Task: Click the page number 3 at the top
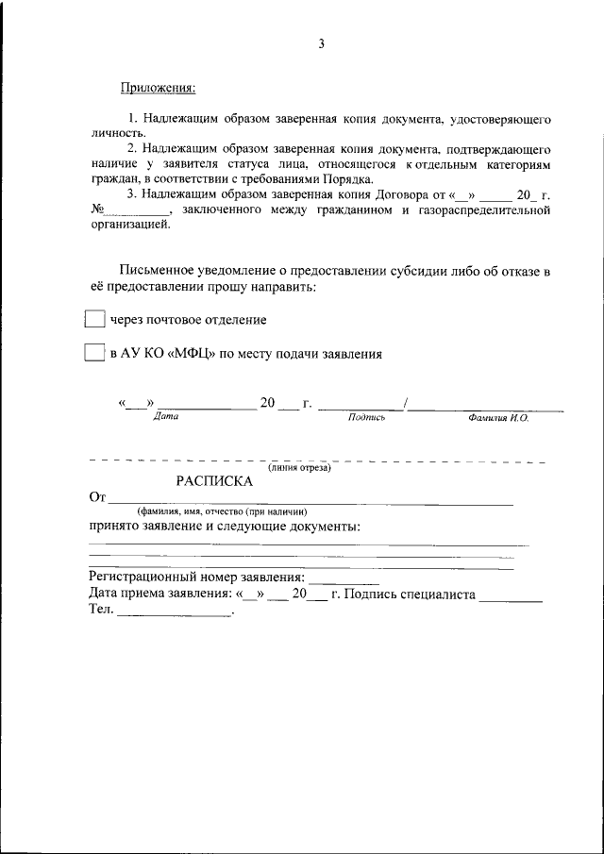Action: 321,43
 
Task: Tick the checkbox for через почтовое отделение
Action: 94,320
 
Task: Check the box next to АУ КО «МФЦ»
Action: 94,354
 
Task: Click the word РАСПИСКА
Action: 214,480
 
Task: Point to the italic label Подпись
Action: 366,417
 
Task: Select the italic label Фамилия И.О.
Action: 497,417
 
